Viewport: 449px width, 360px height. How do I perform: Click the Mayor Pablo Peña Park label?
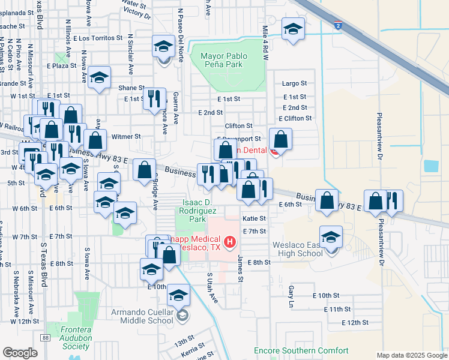(x=228, y=60)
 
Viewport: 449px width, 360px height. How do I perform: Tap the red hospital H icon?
(x=229, y=243)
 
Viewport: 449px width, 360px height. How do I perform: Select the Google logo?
(x=20, y=353)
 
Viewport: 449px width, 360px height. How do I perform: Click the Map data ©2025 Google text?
(x=411, y=355)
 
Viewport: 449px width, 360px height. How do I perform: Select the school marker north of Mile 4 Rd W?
(x=293, y=28)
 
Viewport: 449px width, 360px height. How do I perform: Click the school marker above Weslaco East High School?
(x=331, y=236)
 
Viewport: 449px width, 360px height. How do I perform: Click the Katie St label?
(x=253, y=219)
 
